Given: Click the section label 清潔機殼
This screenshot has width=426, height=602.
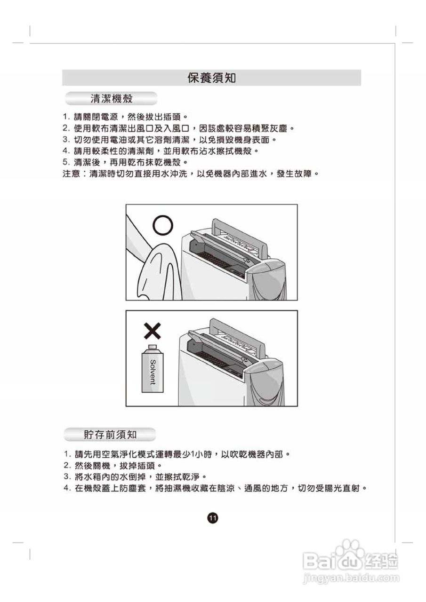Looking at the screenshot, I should pyautogui.click(x=111, y=99).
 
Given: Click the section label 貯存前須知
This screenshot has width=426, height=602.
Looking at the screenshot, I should pyautogui.click(x=110, y=434).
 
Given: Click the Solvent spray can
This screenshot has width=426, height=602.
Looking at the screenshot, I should pyautogui.click(x=152, y=370).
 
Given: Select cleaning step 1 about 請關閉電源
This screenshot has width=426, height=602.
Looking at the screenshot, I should pyautogui.click(x=125, y=116).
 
